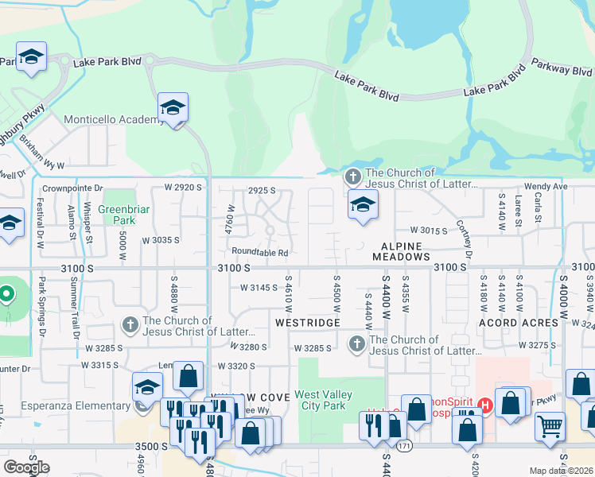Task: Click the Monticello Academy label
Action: pos(114,119)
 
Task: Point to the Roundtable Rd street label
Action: pos(260,253)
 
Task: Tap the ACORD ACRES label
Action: pos(519,323)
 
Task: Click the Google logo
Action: pos(26,467)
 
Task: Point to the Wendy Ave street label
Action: pos(545,186)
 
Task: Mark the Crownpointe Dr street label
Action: pos(73,188)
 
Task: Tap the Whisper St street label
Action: pos(88,227)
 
